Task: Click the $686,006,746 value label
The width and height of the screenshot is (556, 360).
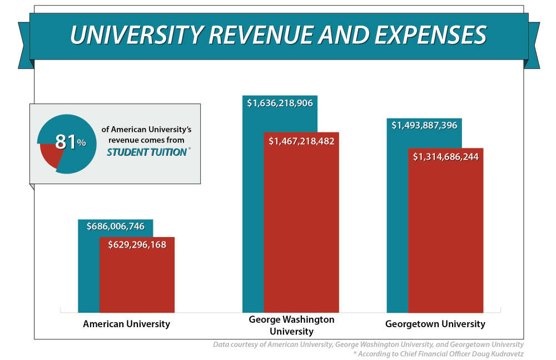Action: [x=116, y=226]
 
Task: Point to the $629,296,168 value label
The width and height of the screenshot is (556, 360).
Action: [x=137, y=244]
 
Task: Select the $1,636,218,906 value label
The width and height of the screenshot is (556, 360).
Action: [x=280, y=103]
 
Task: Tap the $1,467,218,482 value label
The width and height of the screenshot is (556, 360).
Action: [x=301, y=141]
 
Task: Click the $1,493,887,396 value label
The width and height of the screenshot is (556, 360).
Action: [x=424, y=126]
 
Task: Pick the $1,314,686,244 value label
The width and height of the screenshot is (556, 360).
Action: [x=446, y=157]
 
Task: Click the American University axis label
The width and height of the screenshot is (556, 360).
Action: [x=126, y=324]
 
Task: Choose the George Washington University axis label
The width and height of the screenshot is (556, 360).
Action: [x=291, y=326]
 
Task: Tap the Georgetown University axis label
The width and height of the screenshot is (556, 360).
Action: [x=435, y=324]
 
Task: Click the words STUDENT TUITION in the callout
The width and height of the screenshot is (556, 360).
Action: [x=146, y=152]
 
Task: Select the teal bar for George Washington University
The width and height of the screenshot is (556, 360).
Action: [x=254, y=223]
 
